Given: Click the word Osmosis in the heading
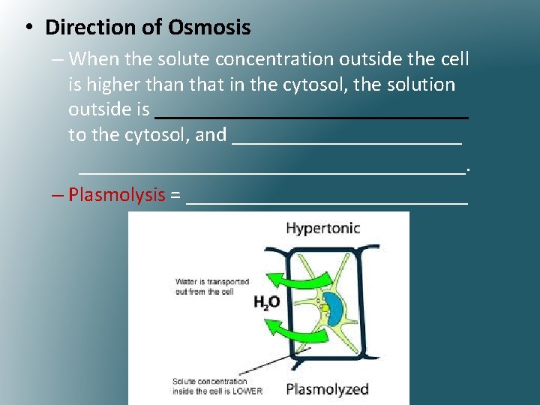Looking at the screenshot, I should click(x=209, y=28).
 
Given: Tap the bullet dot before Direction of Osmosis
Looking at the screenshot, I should click(x=28, y=28).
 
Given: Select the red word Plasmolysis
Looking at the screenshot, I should click(x=116, y=195).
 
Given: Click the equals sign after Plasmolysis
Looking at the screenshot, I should click(x=175, y=196).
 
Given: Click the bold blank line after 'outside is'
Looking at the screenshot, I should click(x=311, y=117).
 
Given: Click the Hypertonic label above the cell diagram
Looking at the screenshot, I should click(x=322, y=228).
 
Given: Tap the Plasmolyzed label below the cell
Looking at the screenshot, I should click(x=328, y=388).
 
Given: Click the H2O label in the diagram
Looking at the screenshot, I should click(x=266, y=302).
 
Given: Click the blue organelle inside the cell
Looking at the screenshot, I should click(x=334, y=307).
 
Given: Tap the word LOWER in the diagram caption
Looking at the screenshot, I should click(x=246, y=391).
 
